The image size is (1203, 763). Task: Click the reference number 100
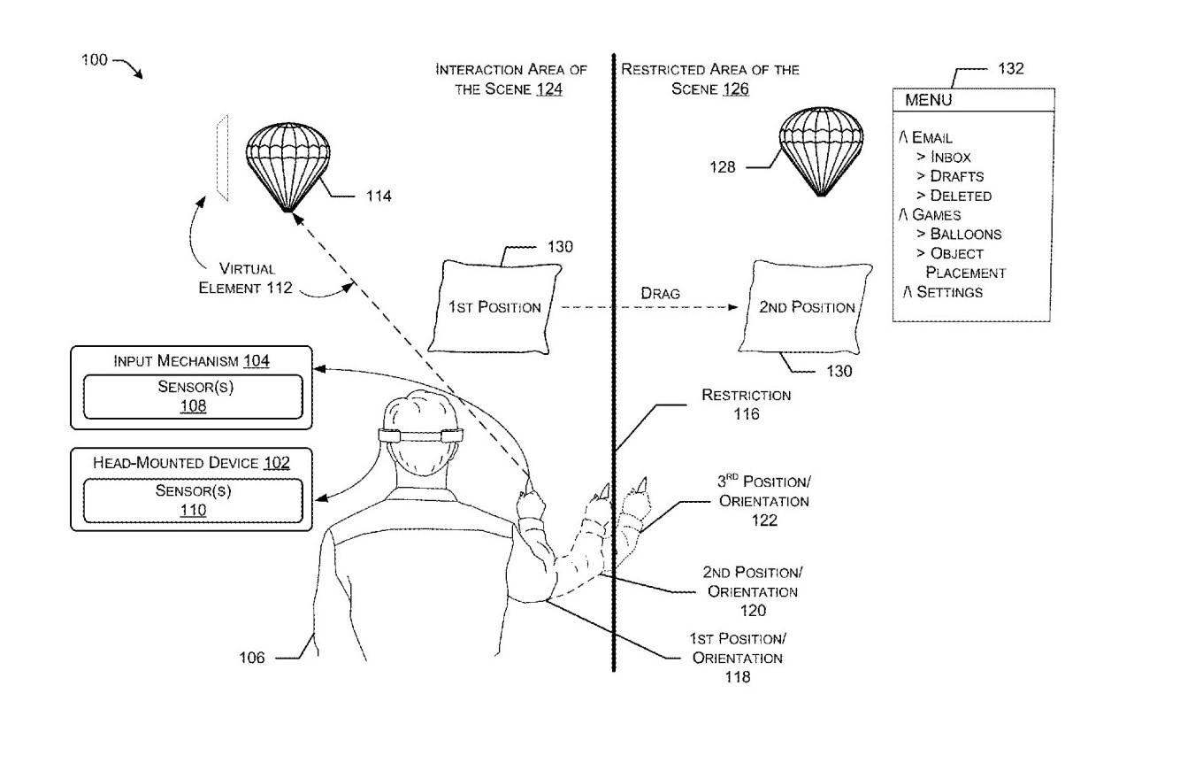click(x=95, y=59)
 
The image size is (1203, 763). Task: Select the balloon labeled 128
click(x=821, y=151)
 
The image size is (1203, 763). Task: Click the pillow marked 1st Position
click(x=494, y=307)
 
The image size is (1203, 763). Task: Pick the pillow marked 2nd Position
click(x=806, y=307)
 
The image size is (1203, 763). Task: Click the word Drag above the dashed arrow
click(x=660, y=293)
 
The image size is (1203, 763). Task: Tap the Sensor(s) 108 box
click(x=194, y=397)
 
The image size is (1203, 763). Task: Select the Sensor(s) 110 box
click(x=194, y=500)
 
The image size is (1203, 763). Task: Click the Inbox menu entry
click(x=944, y=157)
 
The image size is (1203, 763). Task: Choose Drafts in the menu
click(x=950, y=176)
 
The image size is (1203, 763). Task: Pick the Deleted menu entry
click(x=954, y=196)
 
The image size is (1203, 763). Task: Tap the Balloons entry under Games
click(x=959, y=234)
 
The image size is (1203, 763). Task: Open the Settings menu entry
click(x=943, y=292)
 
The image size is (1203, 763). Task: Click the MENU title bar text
click(x=929, y=100)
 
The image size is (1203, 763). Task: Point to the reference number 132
click(x=1011, y=68)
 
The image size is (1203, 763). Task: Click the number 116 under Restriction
click(x=747, y=413)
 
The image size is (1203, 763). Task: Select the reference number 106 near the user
click(x=252, y=658)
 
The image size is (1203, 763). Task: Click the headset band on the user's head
click(x=421, y=435)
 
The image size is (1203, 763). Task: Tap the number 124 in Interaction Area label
click(x=549, y=89)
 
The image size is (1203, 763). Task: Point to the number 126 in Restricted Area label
click(x=736, y=89)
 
